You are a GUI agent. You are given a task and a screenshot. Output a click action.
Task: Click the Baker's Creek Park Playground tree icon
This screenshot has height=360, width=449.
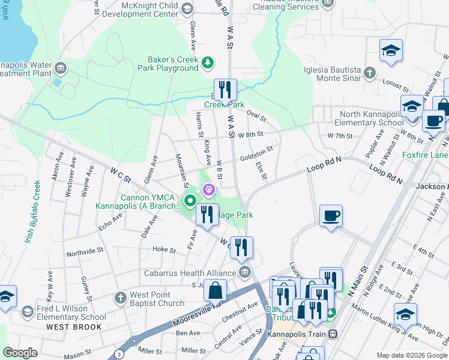(208, 62)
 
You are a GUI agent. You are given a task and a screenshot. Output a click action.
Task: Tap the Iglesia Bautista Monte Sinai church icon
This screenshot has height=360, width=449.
(370, 73)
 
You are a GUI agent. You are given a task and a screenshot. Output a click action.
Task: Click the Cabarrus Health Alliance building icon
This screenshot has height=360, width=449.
(244, 273)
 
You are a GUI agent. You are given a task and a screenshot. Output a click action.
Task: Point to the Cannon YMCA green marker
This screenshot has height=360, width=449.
(190, 200)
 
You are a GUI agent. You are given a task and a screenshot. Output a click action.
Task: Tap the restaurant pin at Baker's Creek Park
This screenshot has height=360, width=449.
(226, 90)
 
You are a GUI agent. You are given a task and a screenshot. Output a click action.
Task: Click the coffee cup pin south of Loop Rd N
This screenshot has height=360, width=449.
(331, 215)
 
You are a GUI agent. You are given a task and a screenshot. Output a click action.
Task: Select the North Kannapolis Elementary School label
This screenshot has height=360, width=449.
(372, 118)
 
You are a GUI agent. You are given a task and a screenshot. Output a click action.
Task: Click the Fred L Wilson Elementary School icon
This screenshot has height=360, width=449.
(27, 311)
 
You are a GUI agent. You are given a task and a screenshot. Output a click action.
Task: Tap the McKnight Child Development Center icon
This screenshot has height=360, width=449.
(187, 8)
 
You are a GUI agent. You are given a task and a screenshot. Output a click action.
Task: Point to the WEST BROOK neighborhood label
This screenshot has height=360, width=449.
(68, 327)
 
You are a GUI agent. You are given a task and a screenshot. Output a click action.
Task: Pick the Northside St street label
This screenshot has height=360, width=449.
(86, 253)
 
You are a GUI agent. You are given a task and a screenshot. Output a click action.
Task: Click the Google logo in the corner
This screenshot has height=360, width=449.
(20, 353)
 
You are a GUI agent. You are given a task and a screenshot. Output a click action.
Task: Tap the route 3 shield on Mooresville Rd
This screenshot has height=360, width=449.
(119, 355)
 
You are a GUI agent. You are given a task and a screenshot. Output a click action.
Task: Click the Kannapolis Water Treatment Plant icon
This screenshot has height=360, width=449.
(60, 67)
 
